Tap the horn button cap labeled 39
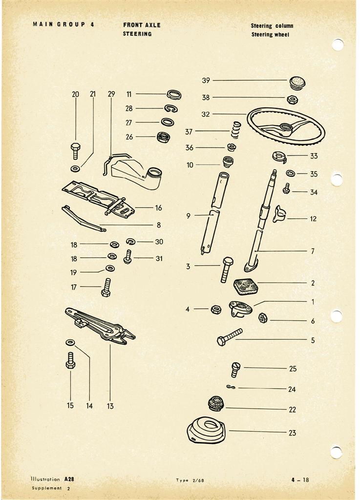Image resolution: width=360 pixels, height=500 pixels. tap(297, 83)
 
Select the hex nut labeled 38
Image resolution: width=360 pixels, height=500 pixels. tap(293, 100)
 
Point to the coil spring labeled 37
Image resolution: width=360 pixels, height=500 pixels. tap(235, 130)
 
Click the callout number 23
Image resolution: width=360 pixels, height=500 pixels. tap(293, 433)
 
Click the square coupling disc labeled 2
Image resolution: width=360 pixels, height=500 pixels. tap(246, 287)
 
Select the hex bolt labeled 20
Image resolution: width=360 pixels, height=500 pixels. tap(75, 151)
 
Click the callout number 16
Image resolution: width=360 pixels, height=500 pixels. tap(158, 208)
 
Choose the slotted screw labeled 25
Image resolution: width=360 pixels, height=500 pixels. tap(235, 370)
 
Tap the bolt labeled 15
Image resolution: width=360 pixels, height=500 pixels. tap(70, 361)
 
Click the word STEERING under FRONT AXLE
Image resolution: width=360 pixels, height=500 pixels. tap(137, 34)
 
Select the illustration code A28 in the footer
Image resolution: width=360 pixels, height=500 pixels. tap(69, 479)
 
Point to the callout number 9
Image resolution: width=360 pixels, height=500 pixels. tap(188, 216)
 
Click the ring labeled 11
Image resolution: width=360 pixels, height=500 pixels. tap(174, 95)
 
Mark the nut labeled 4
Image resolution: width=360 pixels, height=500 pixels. tap(216, 309)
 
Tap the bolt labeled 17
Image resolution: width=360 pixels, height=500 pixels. tap(106, 288)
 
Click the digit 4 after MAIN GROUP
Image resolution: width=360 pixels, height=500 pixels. tap(92, 24)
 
